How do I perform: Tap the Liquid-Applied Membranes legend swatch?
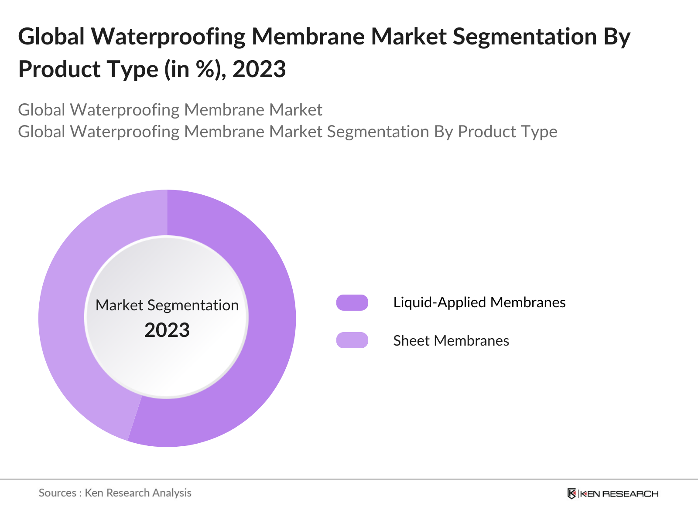coord(352,302)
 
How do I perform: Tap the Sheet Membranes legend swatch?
coord(352,340)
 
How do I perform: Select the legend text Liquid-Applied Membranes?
coord(479,302)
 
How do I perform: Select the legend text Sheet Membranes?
coord(451,341)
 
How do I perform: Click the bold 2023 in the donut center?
coord(167,330)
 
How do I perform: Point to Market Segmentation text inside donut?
coord(167,305)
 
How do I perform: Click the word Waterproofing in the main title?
coord(168,37)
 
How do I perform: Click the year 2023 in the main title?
coord(259,70)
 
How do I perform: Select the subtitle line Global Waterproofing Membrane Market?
coord(170,110)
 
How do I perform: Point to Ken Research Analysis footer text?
coord(138,493)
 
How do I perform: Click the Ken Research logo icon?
coord(571,493)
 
